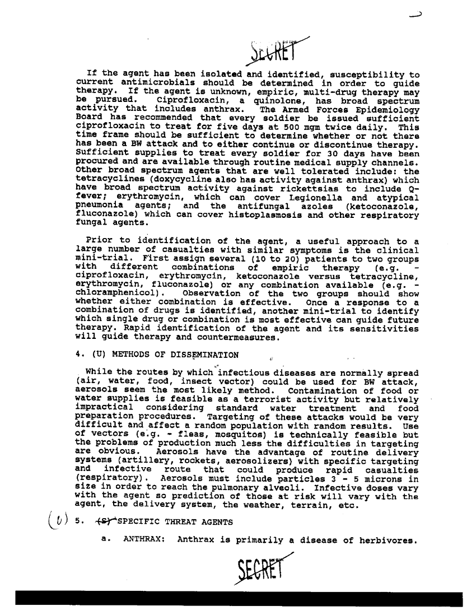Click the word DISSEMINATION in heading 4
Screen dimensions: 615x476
[203, 354]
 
